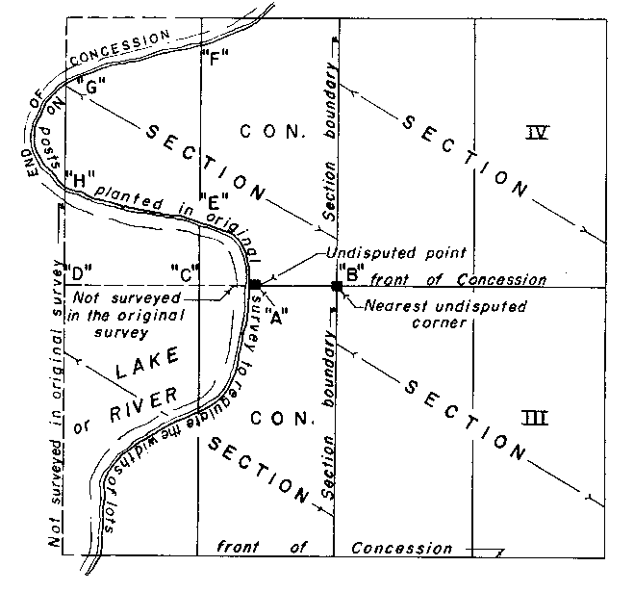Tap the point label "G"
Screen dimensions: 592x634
point(93,88)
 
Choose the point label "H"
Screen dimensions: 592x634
point(84,178)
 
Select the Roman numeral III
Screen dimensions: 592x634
point(535,418)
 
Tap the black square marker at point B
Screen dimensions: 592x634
point(337,286)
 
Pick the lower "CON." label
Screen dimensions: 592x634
point(280,419)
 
